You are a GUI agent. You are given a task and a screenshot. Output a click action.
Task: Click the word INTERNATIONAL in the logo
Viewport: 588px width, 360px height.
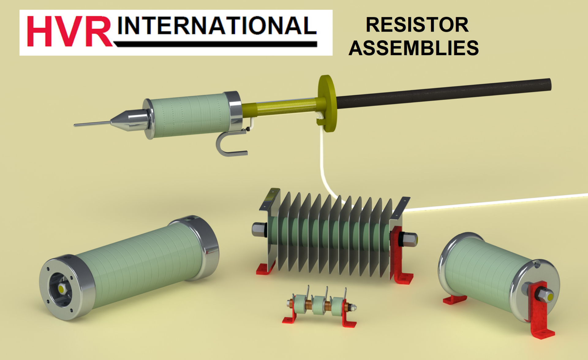[217, 26]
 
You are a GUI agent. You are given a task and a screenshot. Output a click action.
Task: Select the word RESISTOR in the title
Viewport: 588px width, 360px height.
[417, 25]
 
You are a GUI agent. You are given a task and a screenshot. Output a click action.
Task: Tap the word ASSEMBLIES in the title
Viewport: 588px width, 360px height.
[413, 48]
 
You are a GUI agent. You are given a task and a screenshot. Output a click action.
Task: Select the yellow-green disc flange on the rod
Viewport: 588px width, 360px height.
[327, 103]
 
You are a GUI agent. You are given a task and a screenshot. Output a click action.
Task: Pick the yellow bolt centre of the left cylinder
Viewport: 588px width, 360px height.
[61, 289]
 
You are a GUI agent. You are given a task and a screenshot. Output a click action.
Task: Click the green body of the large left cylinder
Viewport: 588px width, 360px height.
[138, 263]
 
